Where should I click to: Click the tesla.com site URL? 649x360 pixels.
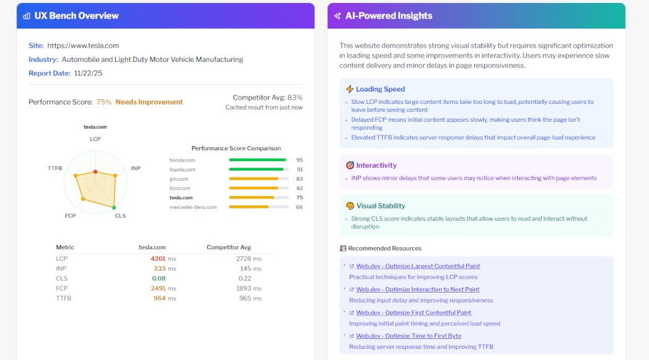click(x=83, y=45)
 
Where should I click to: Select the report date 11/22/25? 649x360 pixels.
click(x=88, y=73)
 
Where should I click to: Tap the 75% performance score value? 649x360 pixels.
click(x=104, y=102)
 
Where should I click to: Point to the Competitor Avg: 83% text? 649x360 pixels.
click(x=267, y=97)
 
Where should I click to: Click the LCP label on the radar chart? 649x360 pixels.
click(x=95, y=139)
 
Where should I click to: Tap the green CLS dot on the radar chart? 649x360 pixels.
click(x=114, y=207)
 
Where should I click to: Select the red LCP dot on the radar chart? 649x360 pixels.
click(x=95, y=171)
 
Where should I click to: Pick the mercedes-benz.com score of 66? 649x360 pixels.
click(x=299, y=207)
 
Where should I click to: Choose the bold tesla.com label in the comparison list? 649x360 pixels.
click(x=181, y=198)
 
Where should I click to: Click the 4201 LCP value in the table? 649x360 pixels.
click(x=159, y=259)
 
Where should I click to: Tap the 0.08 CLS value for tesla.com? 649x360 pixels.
click(x=159, y=278)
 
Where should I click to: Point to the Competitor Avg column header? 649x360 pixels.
click(x=229, y=247)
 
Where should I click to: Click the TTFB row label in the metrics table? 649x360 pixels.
click(x=64, y=298)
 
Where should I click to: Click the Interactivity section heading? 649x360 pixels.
click(x=376, y=165)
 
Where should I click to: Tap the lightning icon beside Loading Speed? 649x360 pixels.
click(x=350, y=89)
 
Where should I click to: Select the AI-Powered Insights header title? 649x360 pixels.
click(x=389, y=15)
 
